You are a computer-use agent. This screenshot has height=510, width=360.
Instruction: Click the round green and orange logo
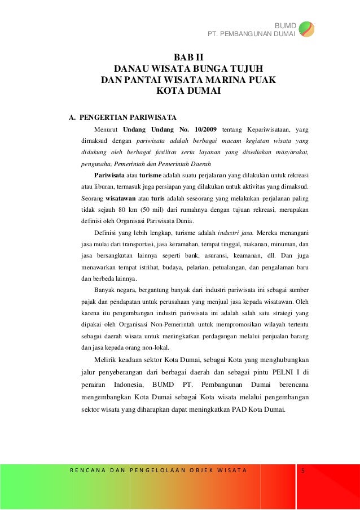pos(306,28)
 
